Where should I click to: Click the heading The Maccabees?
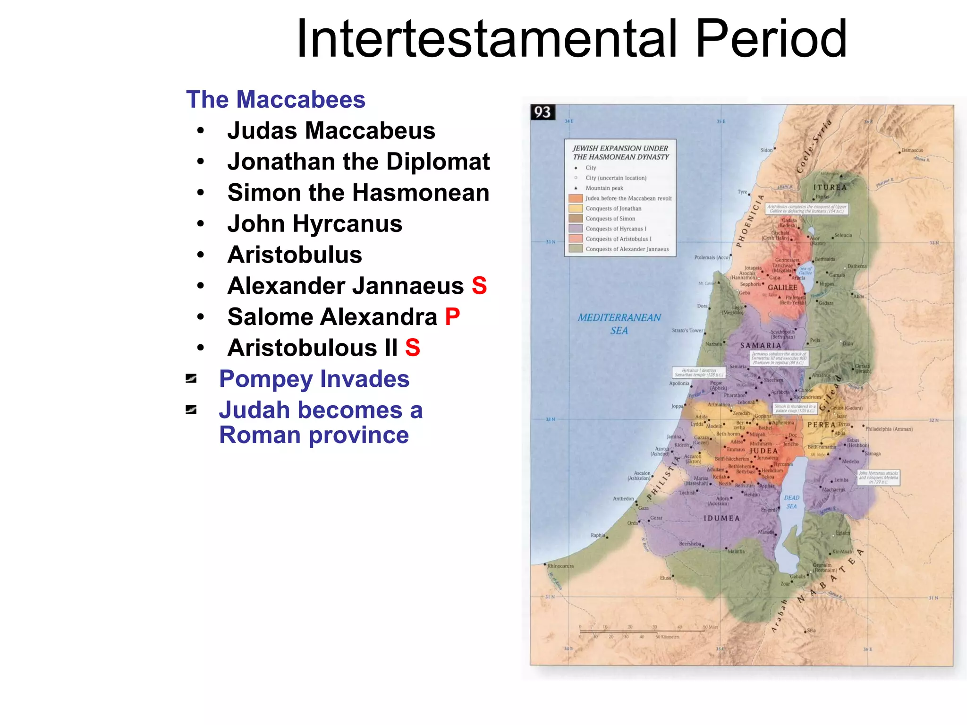tap(276, 100)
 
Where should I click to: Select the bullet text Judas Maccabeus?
tap(331, 130)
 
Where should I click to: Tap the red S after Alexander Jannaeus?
tap(479, 286)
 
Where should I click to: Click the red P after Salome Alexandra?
tap(452, 317)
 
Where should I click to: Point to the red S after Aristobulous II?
tap(413, 348)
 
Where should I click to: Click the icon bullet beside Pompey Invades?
tap(191, 379)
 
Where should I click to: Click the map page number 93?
tap(543, 112)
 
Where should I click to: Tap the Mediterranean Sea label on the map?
tap(619, 324)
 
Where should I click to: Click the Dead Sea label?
tap(792, 502)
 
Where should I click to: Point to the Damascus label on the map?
tap(912, 150)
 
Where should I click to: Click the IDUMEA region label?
tap(721, 518)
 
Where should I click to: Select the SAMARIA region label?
tap(760, 345)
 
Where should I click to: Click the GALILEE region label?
tap(782, 287)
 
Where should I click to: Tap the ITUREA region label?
tap(830, 187)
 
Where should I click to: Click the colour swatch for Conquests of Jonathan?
tap(576, 208)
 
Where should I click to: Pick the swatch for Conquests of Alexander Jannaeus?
tap(576, 249)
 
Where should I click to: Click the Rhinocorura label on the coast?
tap(560, 566)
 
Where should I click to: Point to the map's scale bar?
tap(642, 631)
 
